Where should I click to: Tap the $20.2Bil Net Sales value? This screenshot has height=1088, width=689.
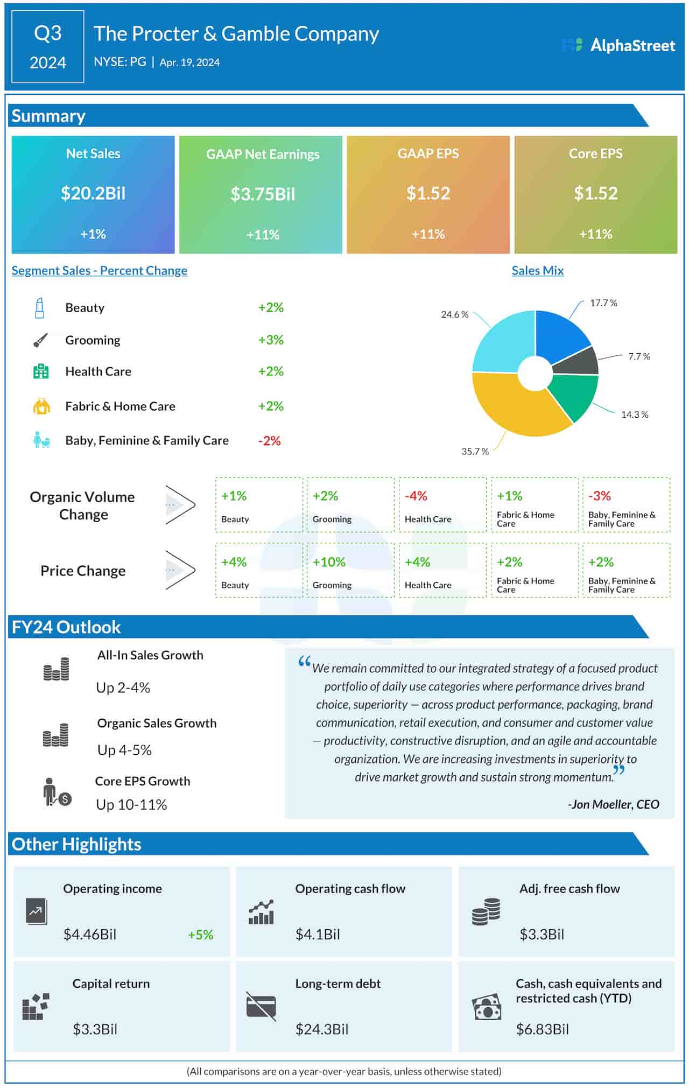coord(93,193)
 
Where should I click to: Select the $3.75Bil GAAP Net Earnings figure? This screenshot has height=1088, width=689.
coord(263,194)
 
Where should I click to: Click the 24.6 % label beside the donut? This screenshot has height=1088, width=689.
coord(454,314)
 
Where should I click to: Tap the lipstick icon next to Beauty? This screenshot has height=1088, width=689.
coord(39,308)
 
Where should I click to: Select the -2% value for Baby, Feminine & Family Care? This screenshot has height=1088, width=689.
coord(269,441)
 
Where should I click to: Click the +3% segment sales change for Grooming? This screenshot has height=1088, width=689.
coord(270,340)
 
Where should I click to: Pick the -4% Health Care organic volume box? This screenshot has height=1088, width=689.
coord(442,505)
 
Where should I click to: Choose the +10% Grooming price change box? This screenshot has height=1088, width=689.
coord(350,570)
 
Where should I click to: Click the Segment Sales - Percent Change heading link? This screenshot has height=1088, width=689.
coord(100,271)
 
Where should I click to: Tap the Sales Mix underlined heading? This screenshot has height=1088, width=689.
coord(537,271)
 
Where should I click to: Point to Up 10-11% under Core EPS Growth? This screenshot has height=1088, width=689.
coord(131,804)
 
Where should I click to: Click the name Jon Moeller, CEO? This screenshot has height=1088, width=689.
coord(614,804)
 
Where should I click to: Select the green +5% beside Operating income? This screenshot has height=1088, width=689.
coord(200,935)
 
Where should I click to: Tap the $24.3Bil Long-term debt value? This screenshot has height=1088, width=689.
coord(321,1029)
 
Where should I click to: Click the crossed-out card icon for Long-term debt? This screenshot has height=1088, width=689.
coord(261,1006)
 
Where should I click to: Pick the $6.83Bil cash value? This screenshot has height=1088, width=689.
coord(542,1029)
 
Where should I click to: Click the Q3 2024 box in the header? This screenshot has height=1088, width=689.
coord(48,47)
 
